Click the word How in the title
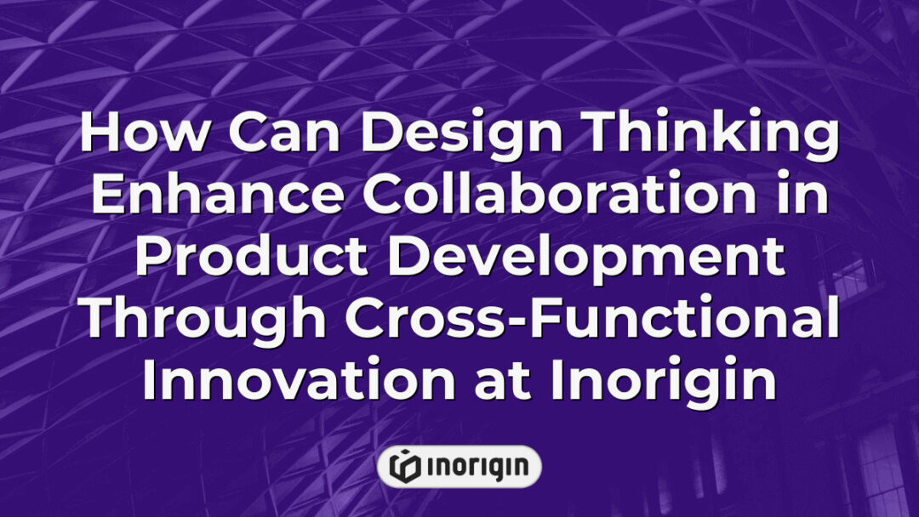click(136, 136)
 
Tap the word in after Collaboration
click(804, 196)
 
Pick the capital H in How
click(101, 136)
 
